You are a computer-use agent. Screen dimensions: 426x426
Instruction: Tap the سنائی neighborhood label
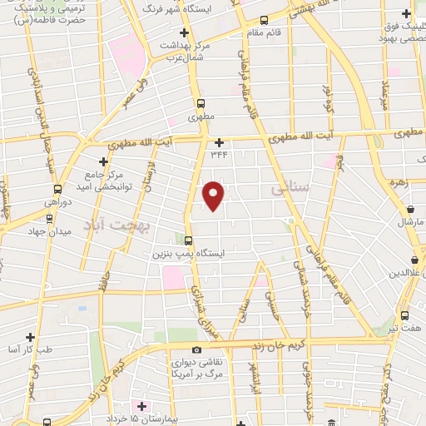click(x=290, y=188)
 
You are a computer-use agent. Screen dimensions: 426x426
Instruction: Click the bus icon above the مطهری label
click(x=200, y=105)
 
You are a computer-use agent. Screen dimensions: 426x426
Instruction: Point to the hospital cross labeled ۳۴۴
click(x=219, y=142)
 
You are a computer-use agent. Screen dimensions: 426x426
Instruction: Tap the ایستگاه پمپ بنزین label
click(x=177, y=253)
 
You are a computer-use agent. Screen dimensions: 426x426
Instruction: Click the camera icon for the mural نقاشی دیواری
click(x=196, y=350)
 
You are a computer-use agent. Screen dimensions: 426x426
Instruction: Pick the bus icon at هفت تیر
click(x=404, y=315)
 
